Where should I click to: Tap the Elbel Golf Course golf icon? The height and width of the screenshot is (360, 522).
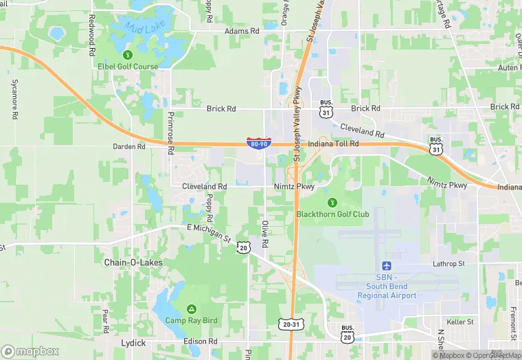[x=126, y=55]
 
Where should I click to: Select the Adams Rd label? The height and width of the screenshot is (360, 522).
[x=242, y=32]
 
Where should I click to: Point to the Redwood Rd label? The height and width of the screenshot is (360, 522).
[x=91, y=43]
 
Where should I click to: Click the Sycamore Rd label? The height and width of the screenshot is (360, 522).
[x=14, y=98]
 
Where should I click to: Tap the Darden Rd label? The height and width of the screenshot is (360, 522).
[x=129, y=146]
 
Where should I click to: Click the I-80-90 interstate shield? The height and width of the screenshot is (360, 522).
[x=258, y=144]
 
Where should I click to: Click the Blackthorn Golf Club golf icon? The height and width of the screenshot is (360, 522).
[x=332, y=202]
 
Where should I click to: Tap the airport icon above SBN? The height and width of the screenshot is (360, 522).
[x=386, y=266]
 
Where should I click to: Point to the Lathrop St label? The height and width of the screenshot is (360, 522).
[x=449, y=264]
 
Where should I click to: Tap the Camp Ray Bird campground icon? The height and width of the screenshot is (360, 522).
[x=190, y=308]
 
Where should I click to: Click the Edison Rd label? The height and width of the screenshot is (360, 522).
[x=201, y=341]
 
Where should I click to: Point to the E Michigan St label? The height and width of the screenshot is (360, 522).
[x=209, y=232]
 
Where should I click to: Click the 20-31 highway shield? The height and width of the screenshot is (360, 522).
[x=290, y=324]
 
